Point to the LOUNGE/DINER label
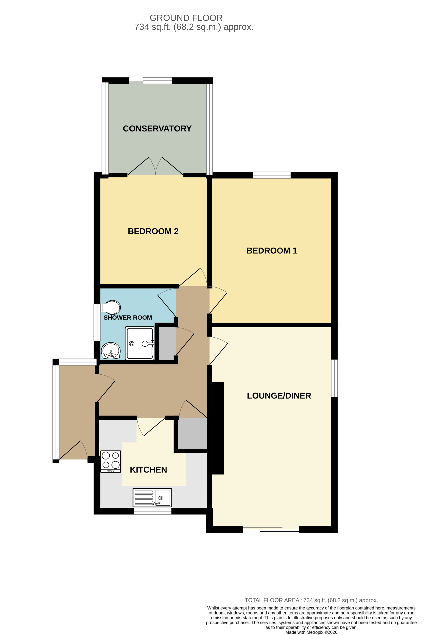click(x=279, y=396)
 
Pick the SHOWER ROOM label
click(x=128, y=317)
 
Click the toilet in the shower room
click(x=111, y=307)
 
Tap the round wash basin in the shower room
click(x=111, y=351)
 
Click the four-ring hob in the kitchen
click(x=110, y=461)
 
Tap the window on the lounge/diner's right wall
click(x=334, y=378)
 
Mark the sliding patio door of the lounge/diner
click(x=271, y=529)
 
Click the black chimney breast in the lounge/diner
click(x=218, y=428)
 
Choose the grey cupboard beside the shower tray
click(x=167, y=343)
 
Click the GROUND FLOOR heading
click(x=186, y=18)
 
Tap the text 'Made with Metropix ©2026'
click(x=311, y=632)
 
